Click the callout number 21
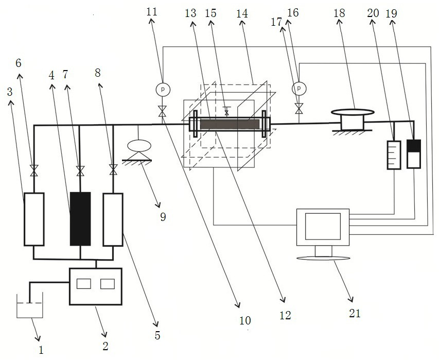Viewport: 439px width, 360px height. [355, 313]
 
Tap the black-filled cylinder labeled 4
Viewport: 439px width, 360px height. [80, 219]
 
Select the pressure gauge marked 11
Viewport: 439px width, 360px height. [163, 89]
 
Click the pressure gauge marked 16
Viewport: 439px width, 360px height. [299, 89]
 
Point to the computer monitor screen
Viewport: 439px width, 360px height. [323, 227]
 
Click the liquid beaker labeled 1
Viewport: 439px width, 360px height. [30, 305]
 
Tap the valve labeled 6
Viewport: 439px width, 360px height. [34, 170]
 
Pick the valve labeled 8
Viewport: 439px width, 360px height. [113, 170]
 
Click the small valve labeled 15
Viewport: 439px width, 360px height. [226, 111]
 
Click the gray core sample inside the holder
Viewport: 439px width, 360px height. [230, 124]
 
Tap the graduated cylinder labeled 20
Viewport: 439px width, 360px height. [394, 155]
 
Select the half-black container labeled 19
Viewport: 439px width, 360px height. [414, 154]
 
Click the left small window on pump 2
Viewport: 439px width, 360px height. [84, 284]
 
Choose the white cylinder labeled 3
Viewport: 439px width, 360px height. [34, 219]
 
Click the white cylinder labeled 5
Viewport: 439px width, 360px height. [113, 219]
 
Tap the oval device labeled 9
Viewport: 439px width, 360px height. [139, 146]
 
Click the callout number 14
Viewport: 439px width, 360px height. [242, 13]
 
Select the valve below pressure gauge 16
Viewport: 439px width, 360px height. [299, 109]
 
